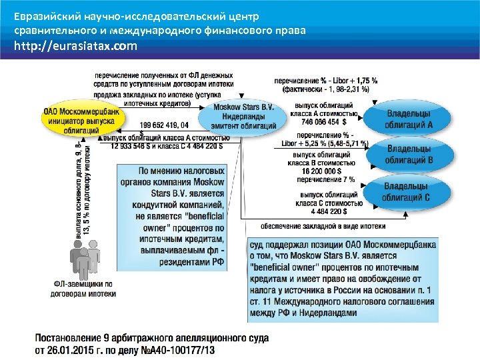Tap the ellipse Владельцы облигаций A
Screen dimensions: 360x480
pyautogui.click(x=409, y=119)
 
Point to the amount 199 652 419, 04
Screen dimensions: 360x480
pyautogui.click(x=165, y=125)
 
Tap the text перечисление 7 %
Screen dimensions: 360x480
pyautogui.click(x=325, y=179)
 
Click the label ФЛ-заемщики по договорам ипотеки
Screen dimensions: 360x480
pyautogui.click(x=81, y=287)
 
